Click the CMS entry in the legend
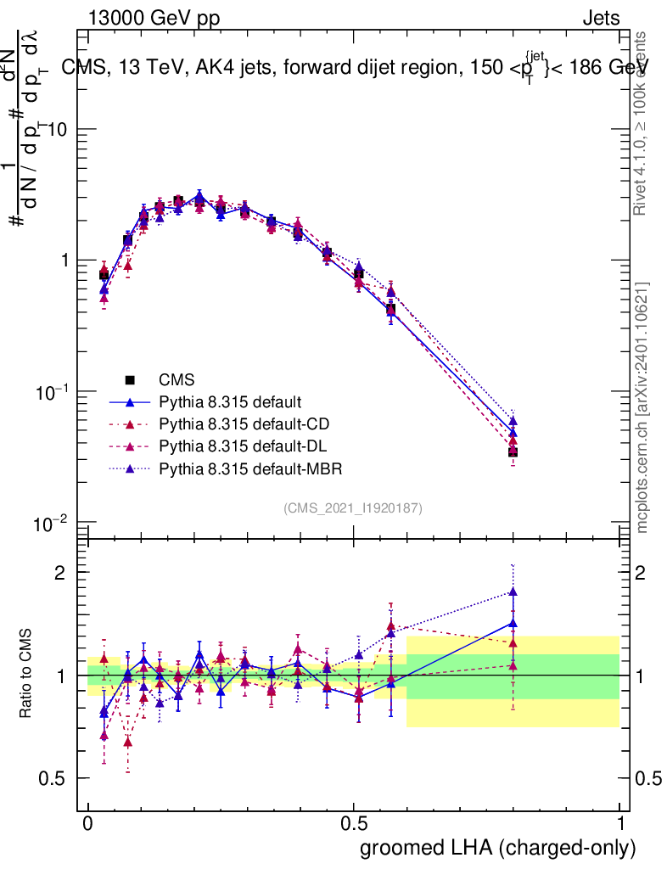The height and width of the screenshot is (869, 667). pyautogui.click(x=177, y=379)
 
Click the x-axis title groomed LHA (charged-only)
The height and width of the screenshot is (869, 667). pyautogui.click(x=498, y=847)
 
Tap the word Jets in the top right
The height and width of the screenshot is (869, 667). pyautogui.click(x=601, y=18)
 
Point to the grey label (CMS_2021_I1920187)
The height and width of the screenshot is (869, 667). pyautogui.click(x=353, y=507)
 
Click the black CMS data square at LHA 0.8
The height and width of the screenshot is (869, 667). pyautogui.click(x=513, y=452)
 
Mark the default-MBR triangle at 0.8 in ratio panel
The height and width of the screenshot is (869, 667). pyautogui.click(x=513, y=592)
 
